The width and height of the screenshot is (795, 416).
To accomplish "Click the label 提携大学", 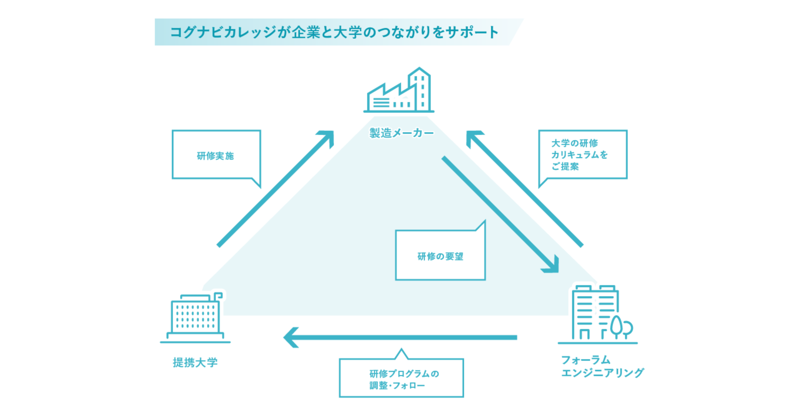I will [195, 362].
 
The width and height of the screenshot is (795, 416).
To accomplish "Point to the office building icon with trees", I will [597, 315].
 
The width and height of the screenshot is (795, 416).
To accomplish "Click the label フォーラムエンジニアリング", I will [602, 366].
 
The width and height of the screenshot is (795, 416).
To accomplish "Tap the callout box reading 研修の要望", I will [440, 256].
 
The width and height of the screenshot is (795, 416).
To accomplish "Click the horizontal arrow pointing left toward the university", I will [401, 337].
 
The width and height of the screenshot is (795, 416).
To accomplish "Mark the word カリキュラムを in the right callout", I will [579, 155].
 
